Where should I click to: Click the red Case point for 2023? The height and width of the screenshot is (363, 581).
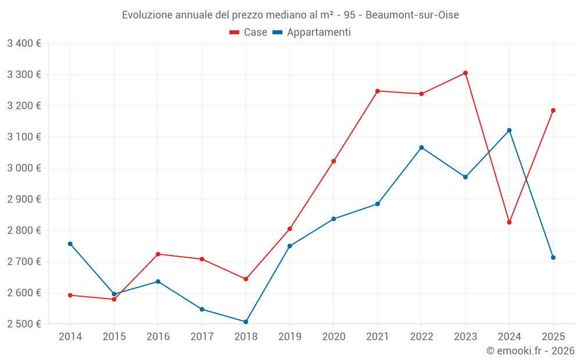click(x=465, y=73)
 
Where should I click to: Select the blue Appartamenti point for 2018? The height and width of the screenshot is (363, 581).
click(x=246, y=322)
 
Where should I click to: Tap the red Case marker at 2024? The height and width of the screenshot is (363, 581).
click(x=510, y=222)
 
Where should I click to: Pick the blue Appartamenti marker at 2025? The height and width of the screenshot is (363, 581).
click(x=553, y=257)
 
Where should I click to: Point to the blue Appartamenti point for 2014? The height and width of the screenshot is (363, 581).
click(x=70, y=244)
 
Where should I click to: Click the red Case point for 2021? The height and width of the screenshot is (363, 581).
click(x=378, y=91)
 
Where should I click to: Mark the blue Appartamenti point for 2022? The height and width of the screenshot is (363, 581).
click(x=421, y=148)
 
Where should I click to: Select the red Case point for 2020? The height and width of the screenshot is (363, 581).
click(x=333, y=161)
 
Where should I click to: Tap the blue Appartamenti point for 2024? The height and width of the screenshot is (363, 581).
click(x=510, y=130)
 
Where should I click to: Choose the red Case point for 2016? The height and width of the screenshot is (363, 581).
click(x=158, y=254)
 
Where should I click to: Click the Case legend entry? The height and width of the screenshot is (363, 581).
click(x=248, y=33)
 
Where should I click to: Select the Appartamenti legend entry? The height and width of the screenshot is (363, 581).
click(x=312, y=33)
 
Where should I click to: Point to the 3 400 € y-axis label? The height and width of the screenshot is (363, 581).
click(x=24, y=44)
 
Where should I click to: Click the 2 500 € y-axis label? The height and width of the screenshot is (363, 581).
click(x=24, y=324)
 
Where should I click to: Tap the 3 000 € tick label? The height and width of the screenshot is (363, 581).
click(x=24, y=168)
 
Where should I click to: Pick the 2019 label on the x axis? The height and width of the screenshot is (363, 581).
click(x=289, y=337)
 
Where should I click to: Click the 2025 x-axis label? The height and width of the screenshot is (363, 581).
click(x=553, y=337)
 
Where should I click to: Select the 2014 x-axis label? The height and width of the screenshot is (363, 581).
click(x=70, y=337)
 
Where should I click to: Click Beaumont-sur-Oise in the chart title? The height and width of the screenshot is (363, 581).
click(x=412, y=15)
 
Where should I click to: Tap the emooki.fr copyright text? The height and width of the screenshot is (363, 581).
click(x=530, y=351)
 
